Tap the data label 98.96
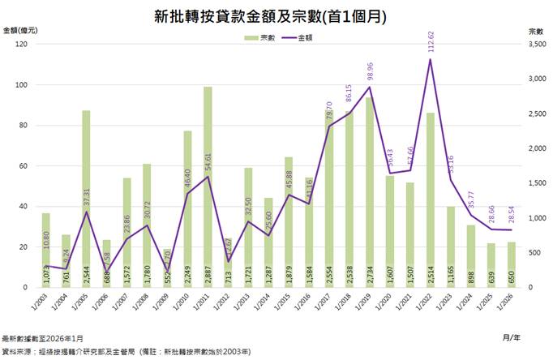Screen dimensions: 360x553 point(370,75)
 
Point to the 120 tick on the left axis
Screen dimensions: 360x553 point(23,45)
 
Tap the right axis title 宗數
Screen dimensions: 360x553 point(535,29)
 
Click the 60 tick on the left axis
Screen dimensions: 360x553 point(25,166)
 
